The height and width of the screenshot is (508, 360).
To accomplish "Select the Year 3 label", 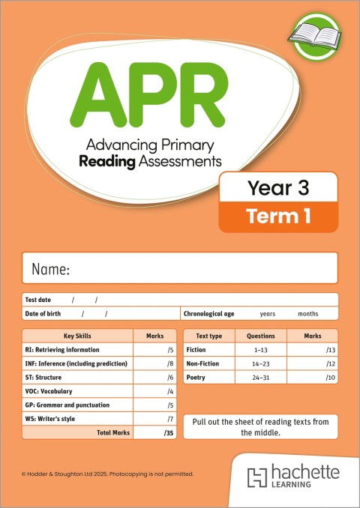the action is click(278, 188).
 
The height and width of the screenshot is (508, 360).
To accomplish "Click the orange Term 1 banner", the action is click(278, 217).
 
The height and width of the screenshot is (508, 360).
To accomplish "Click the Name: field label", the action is click(51, 269).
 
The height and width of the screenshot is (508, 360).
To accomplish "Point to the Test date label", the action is click(38, 300).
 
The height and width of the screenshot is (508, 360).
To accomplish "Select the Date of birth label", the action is click(43, 313).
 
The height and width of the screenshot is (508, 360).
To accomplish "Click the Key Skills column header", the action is click(77, 336).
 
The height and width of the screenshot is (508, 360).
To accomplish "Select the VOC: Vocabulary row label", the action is click(50, 391).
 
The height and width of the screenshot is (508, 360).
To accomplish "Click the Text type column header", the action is click(208, 336).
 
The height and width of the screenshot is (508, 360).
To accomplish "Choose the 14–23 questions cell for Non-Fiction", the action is click(261, 363).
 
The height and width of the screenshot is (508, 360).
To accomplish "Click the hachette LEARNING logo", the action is click(294, 477).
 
